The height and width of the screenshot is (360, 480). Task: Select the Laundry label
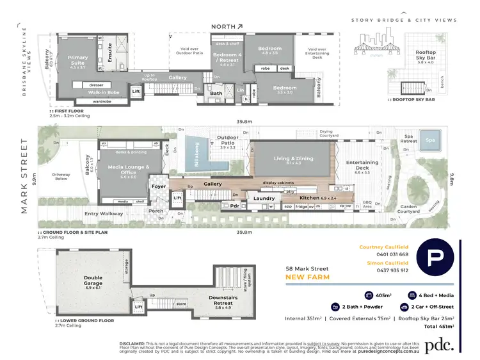click(264, 199)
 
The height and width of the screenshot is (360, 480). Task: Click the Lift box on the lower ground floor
click(139, 307)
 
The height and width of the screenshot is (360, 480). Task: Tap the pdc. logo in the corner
click(442, 344)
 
